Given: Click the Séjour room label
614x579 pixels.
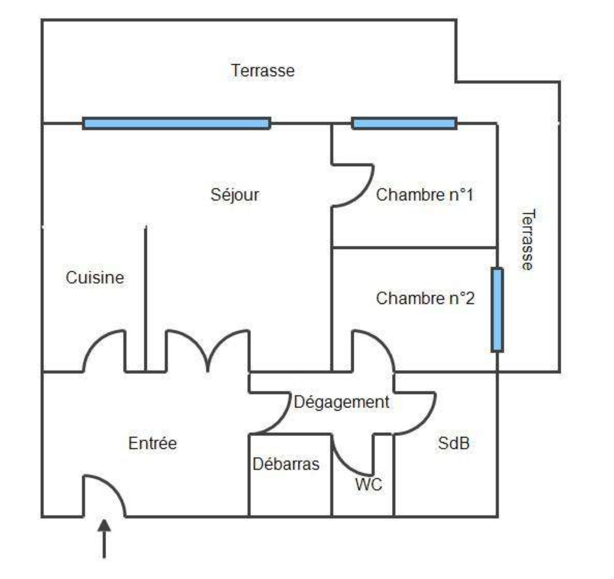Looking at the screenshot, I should pyautogui.click(x=235, y=194).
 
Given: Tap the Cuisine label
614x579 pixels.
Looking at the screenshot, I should pyautogui.click(x=95, y=278).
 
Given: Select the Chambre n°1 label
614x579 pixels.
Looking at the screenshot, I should pyautogui.click(x=424, y=195).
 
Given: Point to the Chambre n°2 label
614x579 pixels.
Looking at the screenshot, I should pyautogui.click(x=425, y=298).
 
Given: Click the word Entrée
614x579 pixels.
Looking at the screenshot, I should pyautogui.click(x=153, y=443).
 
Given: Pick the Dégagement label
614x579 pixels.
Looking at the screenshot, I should pyautogui.click(x=341, y=402).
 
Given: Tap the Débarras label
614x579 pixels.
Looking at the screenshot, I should pyautogui.click(x=286, y=464).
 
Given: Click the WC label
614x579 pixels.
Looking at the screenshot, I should pyautogui.click(x=369, y=484).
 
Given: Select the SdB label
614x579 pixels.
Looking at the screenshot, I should pyautogui.click(x=454, y=443).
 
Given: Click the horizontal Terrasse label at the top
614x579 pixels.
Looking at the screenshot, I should pyautogui.click(x=263, y=71).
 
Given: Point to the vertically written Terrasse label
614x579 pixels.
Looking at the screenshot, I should pyautogui.click(x=527, y=240).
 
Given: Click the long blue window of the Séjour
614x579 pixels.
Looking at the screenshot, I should pyautogui.click(x=176, y=123).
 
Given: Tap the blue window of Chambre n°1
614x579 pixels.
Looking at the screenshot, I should pyautogui.click(x=404, y=123).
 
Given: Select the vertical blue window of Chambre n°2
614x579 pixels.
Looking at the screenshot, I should pyautogui.click(x=497, y=310).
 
